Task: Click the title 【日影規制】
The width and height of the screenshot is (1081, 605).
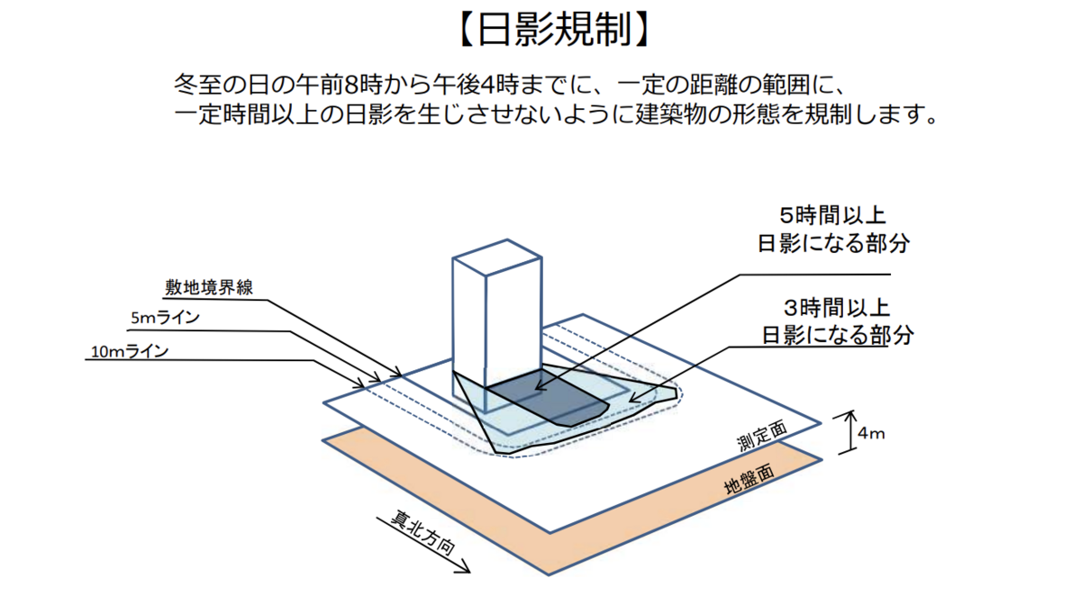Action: point(554,29)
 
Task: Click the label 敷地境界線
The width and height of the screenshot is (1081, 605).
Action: point(209,287)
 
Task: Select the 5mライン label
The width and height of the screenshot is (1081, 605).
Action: point(165,318)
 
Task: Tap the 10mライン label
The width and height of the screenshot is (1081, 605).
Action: point(130,351)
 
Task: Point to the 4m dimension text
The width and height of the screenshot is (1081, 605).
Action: point(871,434)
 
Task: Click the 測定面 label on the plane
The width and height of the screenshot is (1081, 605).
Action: point(762,436)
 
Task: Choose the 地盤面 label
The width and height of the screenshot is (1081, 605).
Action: point(749,479)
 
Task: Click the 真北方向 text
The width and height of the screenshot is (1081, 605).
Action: point(422,533)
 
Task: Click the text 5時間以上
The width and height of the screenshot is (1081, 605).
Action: point(833,216)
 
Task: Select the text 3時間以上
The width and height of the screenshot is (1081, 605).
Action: point(837,308)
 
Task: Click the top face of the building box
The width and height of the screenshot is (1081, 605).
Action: point(497,257)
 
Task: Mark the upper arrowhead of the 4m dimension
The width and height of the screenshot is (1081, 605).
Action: point(850,414)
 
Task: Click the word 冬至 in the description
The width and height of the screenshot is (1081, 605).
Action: point(197,85)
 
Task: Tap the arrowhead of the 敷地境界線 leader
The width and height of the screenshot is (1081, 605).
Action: point(398,374)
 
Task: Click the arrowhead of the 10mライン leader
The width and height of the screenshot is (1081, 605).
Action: point(361,385)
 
